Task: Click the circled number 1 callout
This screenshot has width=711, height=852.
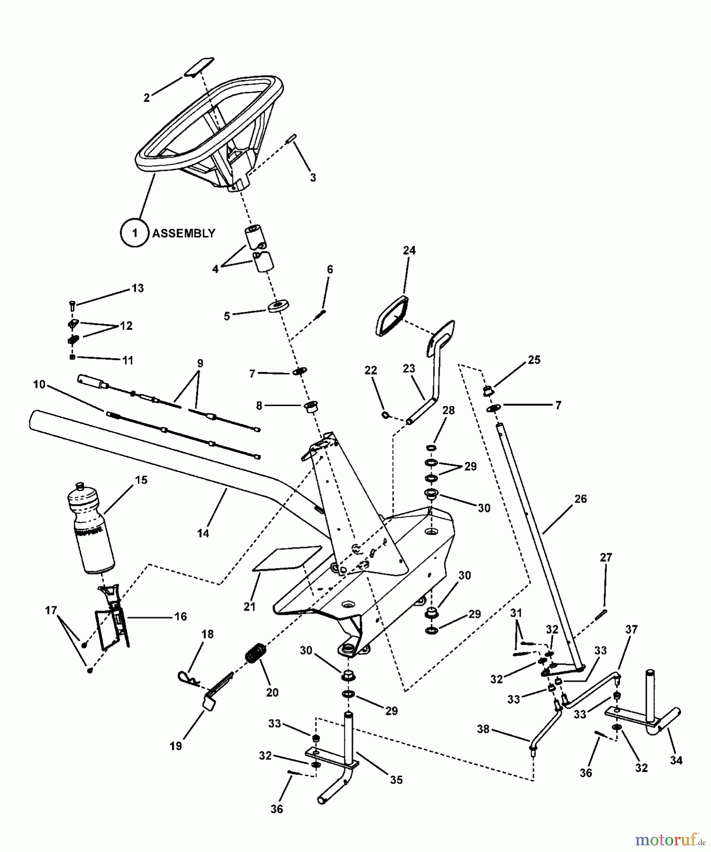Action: (x=135, y=233)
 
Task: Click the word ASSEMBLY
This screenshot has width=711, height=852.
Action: (x=183, y=233)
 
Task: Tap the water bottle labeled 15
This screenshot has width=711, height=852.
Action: (x=91, y=530)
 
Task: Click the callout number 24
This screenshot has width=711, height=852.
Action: (x=409, y=250)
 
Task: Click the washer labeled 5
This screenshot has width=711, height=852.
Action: (x=279, y=306)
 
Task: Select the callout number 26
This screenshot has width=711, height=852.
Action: (x=580, y=499)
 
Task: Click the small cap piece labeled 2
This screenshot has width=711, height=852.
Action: (x=199, y=66)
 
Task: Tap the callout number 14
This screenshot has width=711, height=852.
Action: (x=203, y=533)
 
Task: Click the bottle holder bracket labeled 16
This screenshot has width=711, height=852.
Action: (x=113, y=618)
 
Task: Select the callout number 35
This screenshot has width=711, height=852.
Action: (x=396, y=780)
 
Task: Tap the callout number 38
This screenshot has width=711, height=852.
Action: (x=483, y=729)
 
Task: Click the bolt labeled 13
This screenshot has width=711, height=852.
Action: (x=72, y=305)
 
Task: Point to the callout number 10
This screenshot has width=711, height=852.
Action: (x=39, y=384)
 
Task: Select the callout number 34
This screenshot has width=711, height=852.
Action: (x=676, y=760)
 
